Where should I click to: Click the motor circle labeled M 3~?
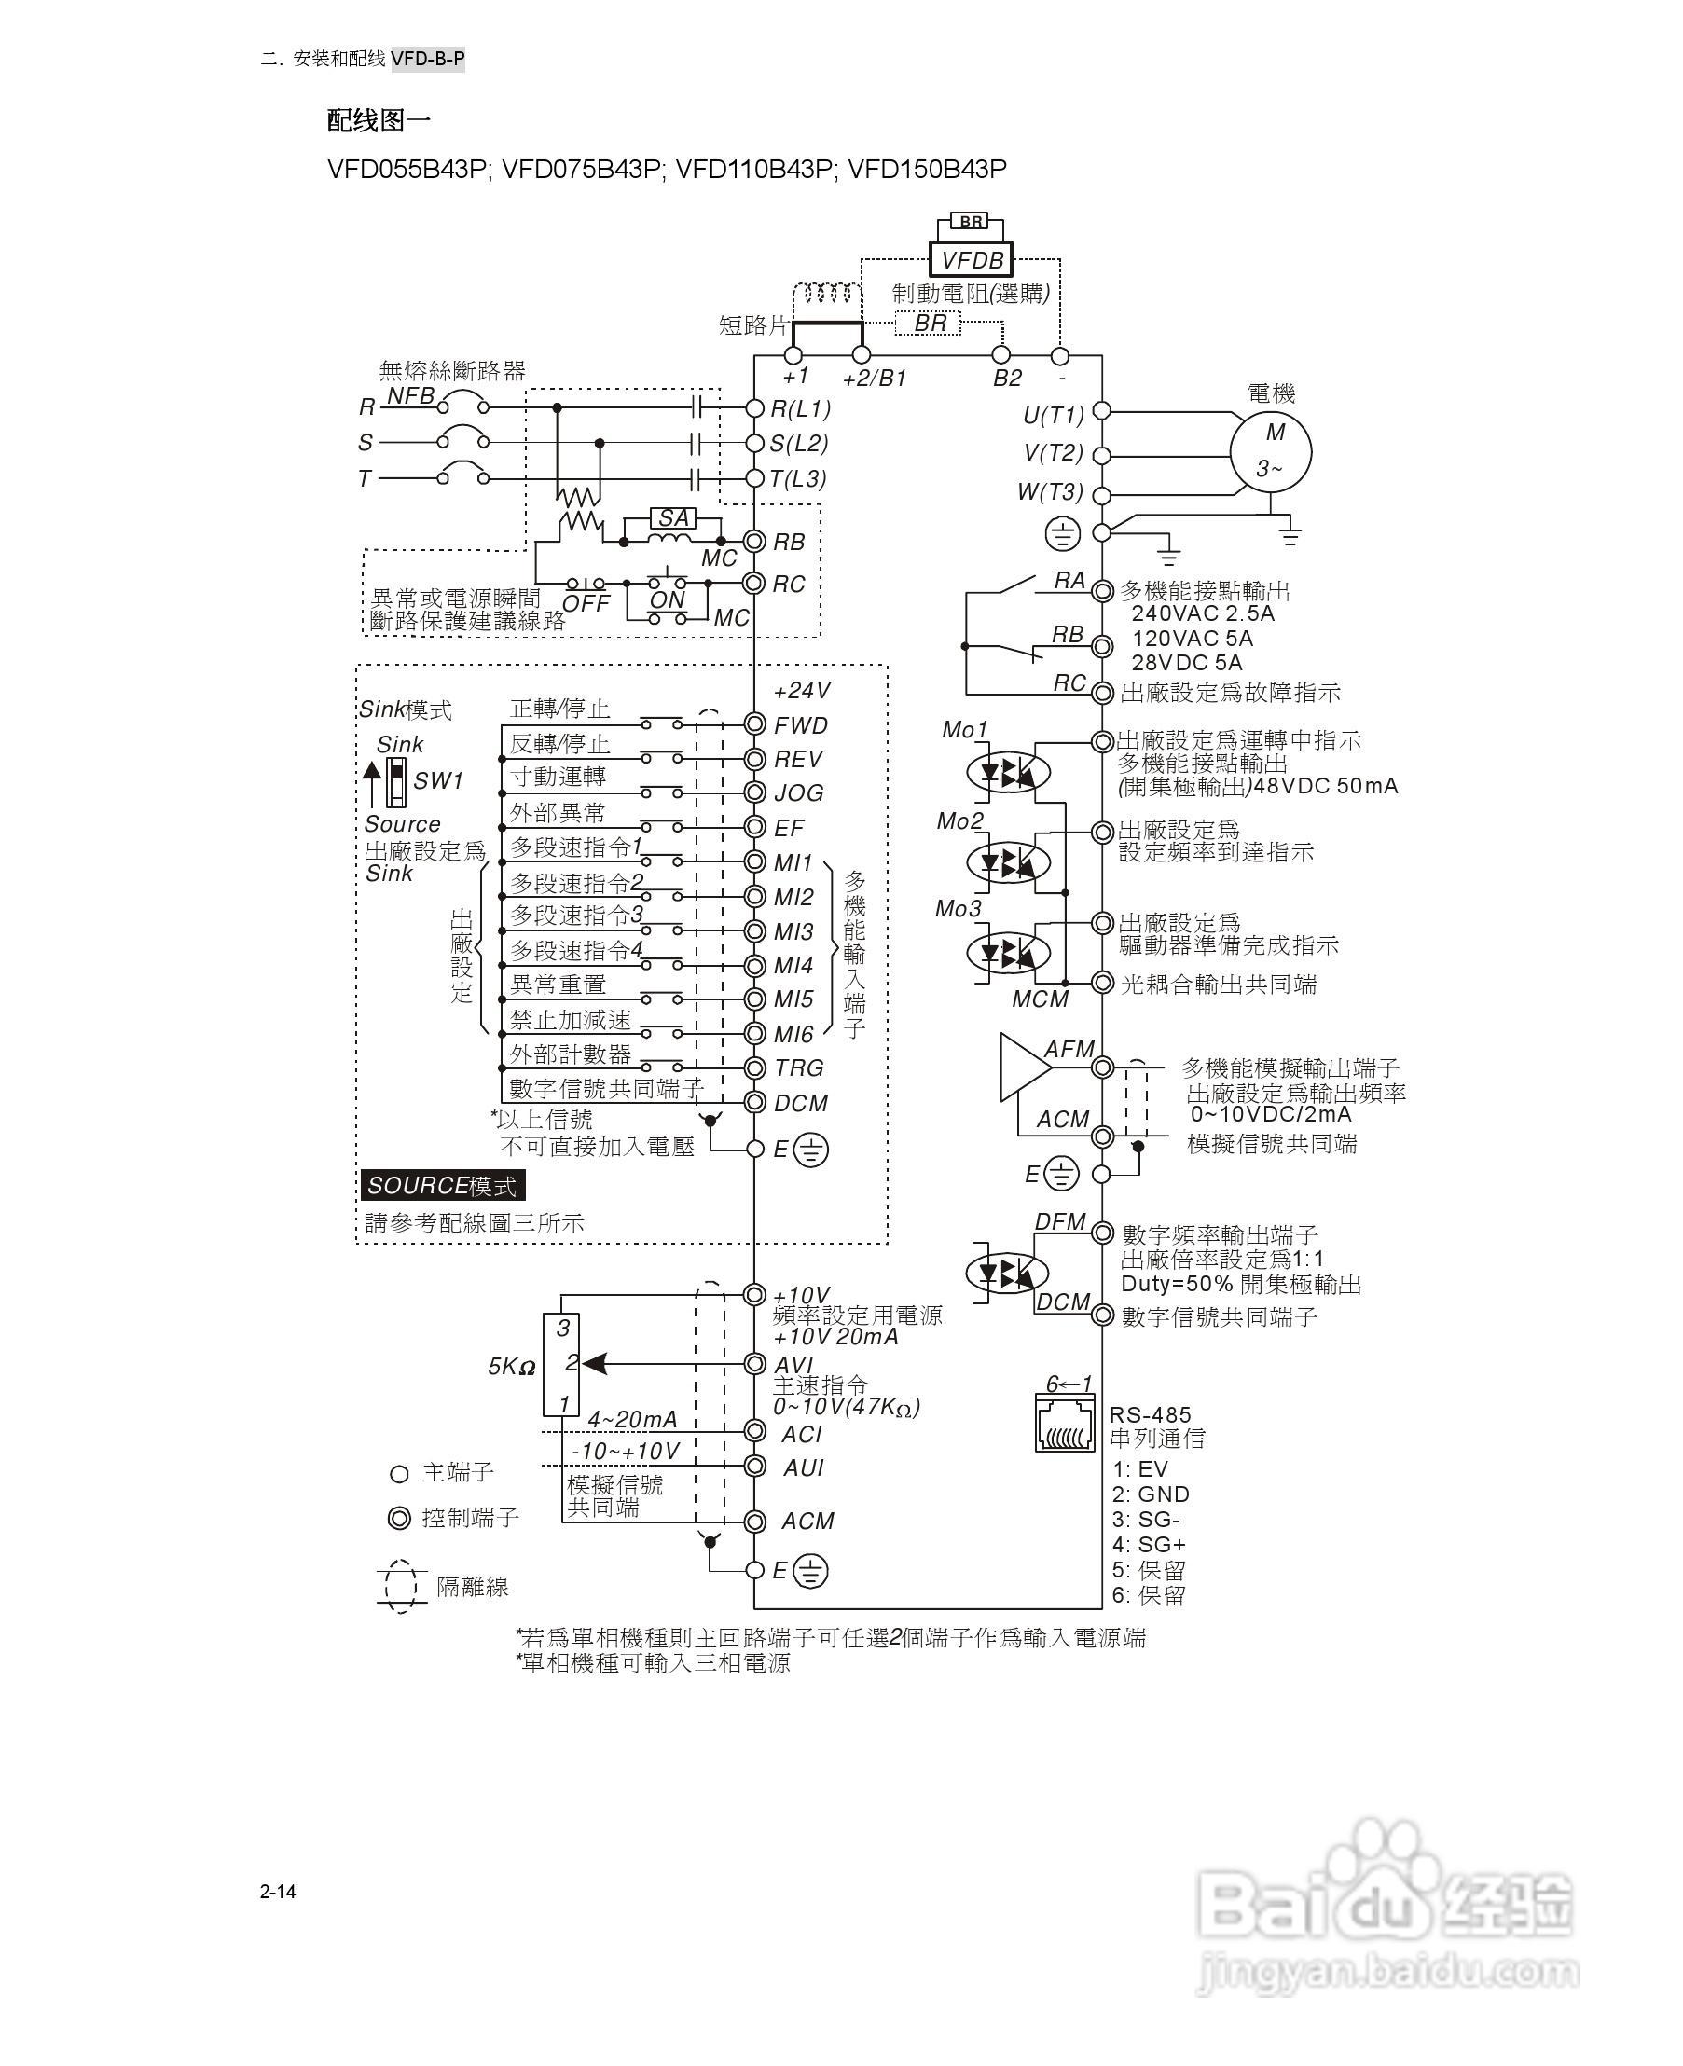click(1270, 451)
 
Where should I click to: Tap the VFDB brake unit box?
click(971, 260)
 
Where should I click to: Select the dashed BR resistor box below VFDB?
click(929, 323)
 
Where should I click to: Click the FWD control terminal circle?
click(754, 724)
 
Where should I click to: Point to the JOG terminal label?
click(798, 793)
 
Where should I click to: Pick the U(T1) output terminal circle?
click(1101, 411)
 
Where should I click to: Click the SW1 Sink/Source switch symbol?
click(395, 781)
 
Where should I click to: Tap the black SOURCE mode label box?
click(442, 1185)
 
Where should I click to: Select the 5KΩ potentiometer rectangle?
click(562, 1364)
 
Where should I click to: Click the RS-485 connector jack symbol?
click(1065, 1425)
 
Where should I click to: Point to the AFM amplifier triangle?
click(1023, 1067)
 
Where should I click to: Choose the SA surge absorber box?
click(673, 517)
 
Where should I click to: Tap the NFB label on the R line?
click(410, 395)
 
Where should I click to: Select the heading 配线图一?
click(379, 120)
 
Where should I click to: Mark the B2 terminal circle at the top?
click(1001, 355)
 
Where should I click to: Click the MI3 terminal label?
click(793, 931)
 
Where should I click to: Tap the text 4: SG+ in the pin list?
click(1149, 1545)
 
